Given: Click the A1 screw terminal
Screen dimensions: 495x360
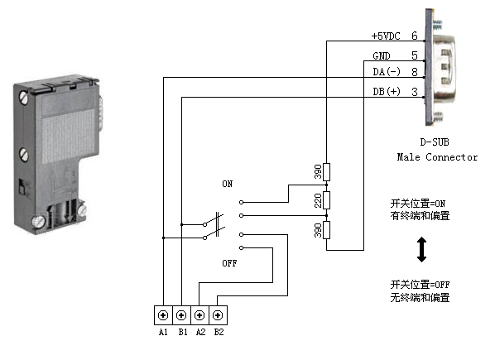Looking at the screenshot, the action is point(163,315).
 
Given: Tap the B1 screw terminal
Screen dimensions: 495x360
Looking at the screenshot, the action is point(181,315).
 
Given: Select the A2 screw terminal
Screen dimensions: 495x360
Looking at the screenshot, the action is point(199,315).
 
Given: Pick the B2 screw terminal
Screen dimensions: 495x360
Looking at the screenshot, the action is point(218,315).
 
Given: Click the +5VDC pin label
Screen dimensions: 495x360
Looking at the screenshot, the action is point(386,36).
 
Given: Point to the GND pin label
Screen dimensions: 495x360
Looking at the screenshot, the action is point(382,55).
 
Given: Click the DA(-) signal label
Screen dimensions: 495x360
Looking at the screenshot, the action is point(387,72).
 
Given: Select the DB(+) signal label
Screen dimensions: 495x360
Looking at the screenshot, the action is point(387,92).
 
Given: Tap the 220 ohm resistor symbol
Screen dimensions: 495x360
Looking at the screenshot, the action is point(327,200).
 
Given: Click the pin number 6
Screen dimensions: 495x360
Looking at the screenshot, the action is point(415,36).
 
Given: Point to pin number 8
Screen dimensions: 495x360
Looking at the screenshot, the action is point(415,72).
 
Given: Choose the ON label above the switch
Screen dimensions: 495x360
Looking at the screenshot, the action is point(228,184).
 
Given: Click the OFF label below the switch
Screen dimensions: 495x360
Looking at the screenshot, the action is point(229,263).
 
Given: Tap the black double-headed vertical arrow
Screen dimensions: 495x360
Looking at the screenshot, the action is point(422,250).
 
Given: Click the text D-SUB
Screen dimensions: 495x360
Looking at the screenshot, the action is point(435,142).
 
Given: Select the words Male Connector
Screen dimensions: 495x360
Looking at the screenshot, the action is point(437,156).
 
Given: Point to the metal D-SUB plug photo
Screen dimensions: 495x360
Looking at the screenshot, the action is point(440,67).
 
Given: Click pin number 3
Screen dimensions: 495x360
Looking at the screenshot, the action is point(415,92).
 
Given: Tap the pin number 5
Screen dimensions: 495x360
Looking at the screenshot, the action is point(415,55).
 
